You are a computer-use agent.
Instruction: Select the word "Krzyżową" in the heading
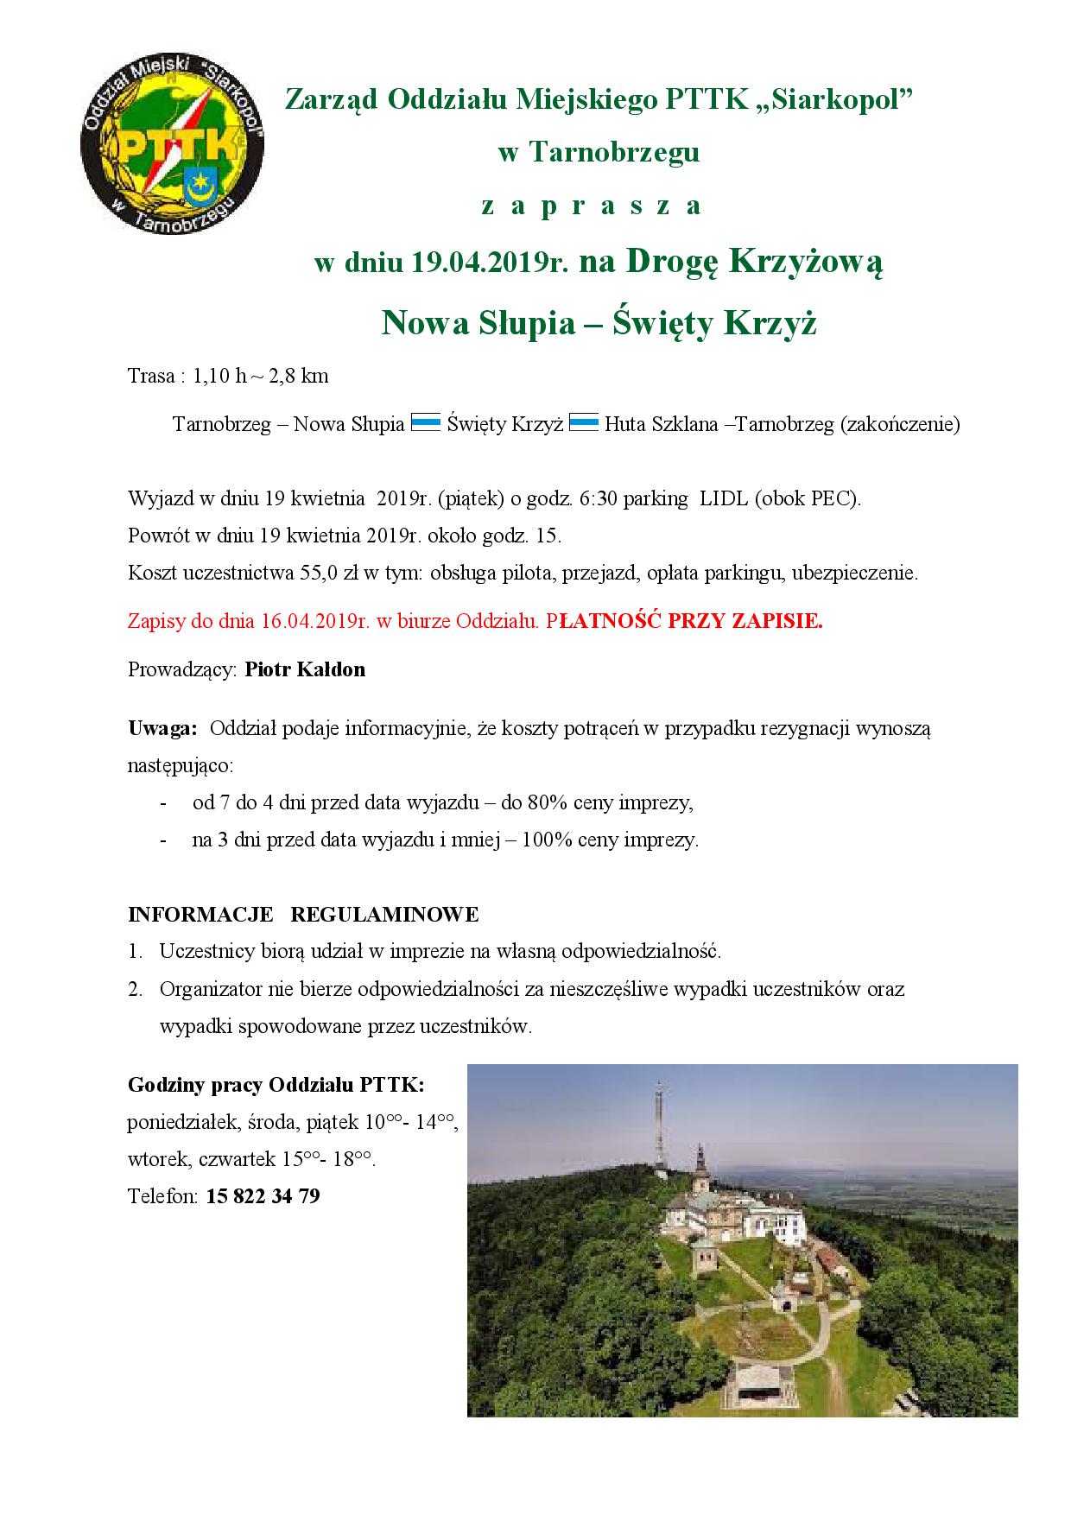click(x=807, y=262)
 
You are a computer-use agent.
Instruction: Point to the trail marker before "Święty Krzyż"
click(x=426, y=423)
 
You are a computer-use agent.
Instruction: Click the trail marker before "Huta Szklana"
click(x=584, y=423)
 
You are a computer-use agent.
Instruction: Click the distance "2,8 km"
click(x=301, y=376)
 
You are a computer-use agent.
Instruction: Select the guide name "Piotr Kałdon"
click(x=305, y=669)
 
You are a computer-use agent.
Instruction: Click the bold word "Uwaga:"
click(x=162, y=728)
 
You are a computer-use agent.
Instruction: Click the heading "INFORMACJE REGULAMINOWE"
click(x=303, y=914)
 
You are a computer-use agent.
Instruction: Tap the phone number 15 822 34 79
click(x=263, y=1196)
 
